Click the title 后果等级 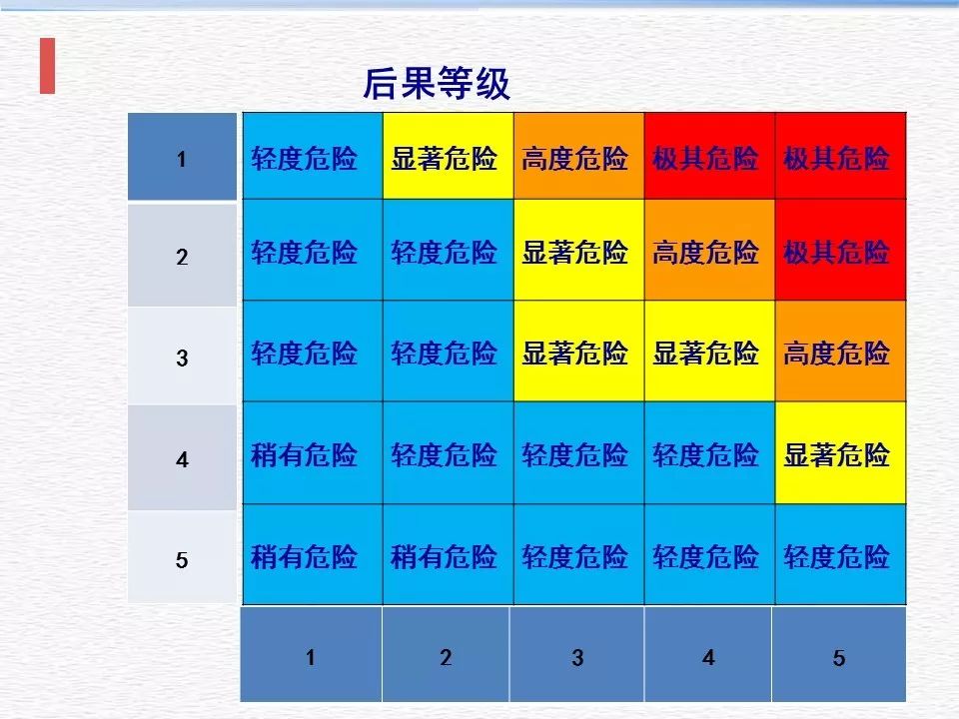[x=436, y=85]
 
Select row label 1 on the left [x=182, y=158]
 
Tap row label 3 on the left [x=182, y=358]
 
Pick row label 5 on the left [x=182, y=559]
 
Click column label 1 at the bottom [x=312, y=657]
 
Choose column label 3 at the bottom [x=577, y=657]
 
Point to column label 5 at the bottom [x=839, y=657]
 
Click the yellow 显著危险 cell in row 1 [x=445, y=158]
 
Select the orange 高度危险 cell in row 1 [x=575, y=158]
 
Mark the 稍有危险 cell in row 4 [x=305, y=455]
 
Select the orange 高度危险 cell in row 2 [x=706, y=252]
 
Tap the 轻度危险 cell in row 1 [x=305, y=158]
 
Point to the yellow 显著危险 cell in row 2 [x=575, y=252]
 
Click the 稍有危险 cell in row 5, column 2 [x=445, y=556]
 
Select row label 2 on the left [x=182, y=257]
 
